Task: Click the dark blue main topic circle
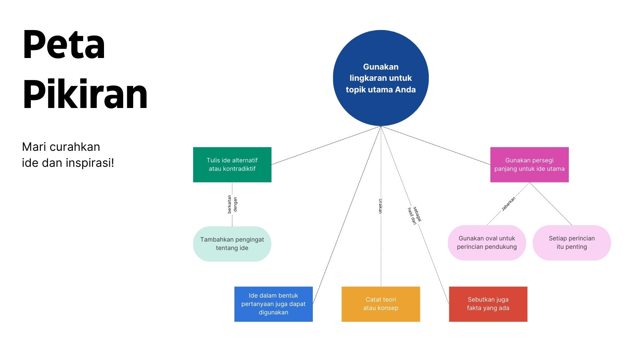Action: click(x=380, y=78)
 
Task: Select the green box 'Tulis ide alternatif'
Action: click(x=232, y=164)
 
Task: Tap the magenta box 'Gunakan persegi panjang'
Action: click(x=530, y=164)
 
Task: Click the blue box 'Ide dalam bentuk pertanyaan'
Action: click(x=274, y=304)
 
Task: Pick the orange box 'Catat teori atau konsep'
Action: click(x=381, y=304)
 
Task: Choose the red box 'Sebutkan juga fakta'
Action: click(x=488, y=304)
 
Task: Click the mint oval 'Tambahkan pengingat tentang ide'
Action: click(x=232, y=244)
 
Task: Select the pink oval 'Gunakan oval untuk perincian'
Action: click(x=487, y=242)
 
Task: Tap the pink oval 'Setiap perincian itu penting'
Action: click(x=572, y=242)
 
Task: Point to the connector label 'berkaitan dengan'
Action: click(x=232, y=204)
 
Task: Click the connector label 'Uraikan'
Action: click(x=380, y=206)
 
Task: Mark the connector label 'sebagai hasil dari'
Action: click(x=414, y=216)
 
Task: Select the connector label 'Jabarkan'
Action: click(x=508, y=204)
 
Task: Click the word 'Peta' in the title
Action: click(x=64, y=44)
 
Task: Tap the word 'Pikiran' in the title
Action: click(x=85, y=94)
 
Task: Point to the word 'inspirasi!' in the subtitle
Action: click(x=90, y=163)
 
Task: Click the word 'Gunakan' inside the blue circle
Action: click(x=380, y=67)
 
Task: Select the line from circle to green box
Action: click(x=326, y=146)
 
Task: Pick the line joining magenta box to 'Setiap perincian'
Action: click(x=550, y=204)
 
